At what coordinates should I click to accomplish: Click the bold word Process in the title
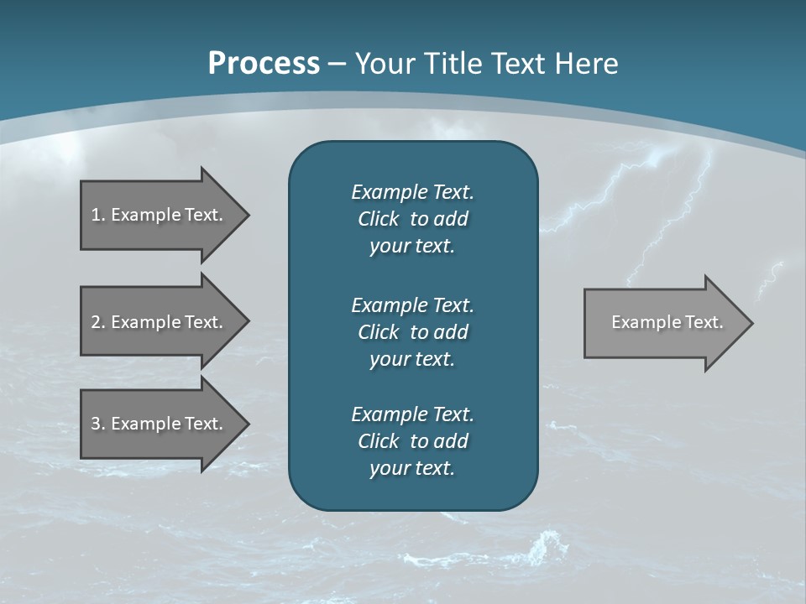point(264,64)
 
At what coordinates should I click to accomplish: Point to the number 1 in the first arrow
point(96,215)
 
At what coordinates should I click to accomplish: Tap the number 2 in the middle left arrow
point(96,322)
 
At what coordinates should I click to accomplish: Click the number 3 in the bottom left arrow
point(96,424)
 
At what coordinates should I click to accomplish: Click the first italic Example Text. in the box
point(412,192)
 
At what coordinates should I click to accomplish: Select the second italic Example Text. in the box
point(412,305)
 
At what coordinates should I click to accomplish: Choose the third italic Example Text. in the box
point(412,414)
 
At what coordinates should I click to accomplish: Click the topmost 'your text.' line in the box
point(412,247)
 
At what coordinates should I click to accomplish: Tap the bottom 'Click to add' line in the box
point(412,441)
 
